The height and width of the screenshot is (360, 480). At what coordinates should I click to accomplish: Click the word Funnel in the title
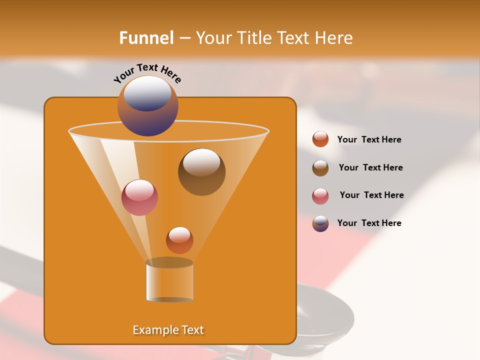[146, 38]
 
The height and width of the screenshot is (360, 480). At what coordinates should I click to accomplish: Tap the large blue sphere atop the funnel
[147, 106]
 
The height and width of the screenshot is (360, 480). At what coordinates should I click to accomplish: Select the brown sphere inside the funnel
[201, 172]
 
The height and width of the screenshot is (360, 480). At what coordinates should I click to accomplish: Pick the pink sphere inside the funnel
[139, 197]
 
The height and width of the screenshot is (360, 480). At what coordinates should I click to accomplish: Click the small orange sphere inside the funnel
[179, 240]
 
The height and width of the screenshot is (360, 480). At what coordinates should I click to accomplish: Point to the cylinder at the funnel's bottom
[169, 282]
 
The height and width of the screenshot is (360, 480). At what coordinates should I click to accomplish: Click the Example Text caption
[168, 330]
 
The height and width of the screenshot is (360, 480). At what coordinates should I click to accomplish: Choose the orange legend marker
[320, 139]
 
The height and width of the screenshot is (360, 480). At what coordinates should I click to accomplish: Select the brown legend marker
[320, 168]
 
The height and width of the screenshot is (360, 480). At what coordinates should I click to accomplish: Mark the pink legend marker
[320, 196]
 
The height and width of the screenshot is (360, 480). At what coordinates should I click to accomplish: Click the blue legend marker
[320, 223]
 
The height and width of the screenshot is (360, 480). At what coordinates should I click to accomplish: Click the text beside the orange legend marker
[369, 139]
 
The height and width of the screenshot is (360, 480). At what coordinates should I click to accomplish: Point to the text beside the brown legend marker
[370, 167]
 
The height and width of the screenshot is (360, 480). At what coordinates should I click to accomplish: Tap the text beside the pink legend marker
[371, 195]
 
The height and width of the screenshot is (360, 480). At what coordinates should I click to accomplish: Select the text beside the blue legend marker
[369, 223]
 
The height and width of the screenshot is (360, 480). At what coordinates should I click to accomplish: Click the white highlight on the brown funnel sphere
[201, 162]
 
